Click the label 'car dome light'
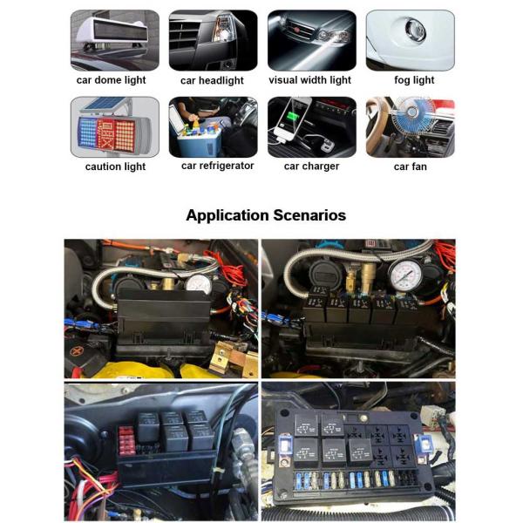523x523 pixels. pyautogui.click(x=111, y=80)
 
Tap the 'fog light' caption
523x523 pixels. pyautogui.click(x=412, y=80)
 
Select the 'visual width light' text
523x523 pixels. pyautogui.click(x=309, y=80)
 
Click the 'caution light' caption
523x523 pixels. pyautogui.click(x=115, y=166)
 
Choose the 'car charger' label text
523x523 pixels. pyautogui.click(x=311, y=166)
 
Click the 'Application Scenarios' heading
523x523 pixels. pyautogui.click(x=266, y=215)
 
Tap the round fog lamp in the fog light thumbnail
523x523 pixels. pyautogui.click(x=415, y=33)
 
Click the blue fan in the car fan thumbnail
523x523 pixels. pyautogui.click(x=404, y=122)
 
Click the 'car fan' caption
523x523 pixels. pyautogui.click(x=410, y=166)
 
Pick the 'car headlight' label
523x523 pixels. pyautogui.click(x=213, y=80)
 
